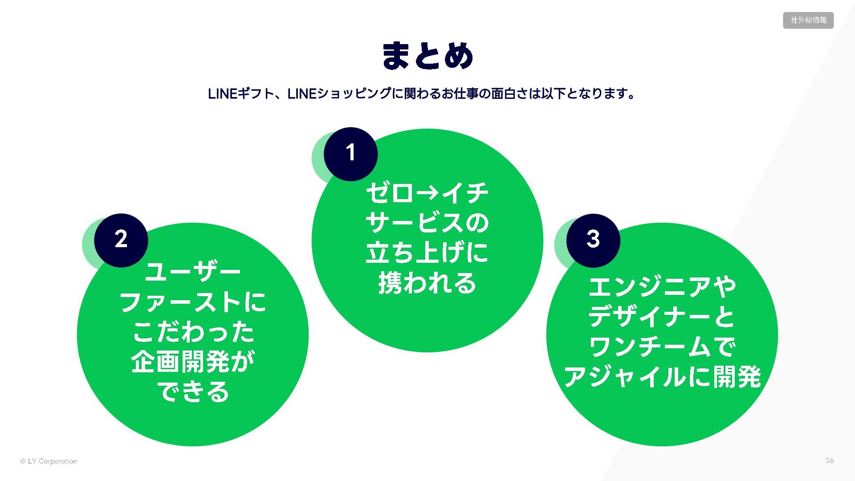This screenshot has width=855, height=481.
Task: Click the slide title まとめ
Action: [427, 56]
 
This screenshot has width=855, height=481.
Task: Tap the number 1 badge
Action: [350, 154]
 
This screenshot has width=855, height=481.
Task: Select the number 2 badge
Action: [121, 240]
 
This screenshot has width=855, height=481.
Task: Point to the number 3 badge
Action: [593, 240]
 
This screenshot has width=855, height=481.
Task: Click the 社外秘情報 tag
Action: [808, 20]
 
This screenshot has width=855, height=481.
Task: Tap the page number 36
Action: [829, 461]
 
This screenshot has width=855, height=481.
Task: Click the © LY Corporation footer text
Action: [49, 461]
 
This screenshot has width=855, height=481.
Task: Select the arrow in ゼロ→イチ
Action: [428, 193]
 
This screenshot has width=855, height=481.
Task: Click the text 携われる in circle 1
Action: [427, 283]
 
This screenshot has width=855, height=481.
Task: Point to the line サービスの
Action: [427, 223]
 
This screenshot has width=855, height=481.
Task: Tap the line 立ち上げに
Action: [427, 253]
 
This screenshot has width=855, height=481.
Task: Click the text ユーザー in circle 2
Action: [193, 272]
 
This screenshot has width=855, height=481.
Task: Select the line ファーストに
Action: [193, 302]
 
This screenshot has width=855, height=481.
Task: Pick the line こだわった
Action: [193, 332]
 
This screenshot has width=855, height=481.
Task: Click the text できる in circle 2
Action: [193, 392]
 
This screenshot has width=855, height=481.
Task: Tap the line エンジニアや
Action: [662, 286]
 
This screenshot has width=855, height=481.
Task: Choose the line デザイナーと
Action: [662, 317]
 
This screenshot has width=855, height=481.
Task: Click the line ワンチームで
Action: [662, 347]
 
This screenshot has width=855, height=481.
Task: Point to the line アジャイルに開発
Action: [662, 377]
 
